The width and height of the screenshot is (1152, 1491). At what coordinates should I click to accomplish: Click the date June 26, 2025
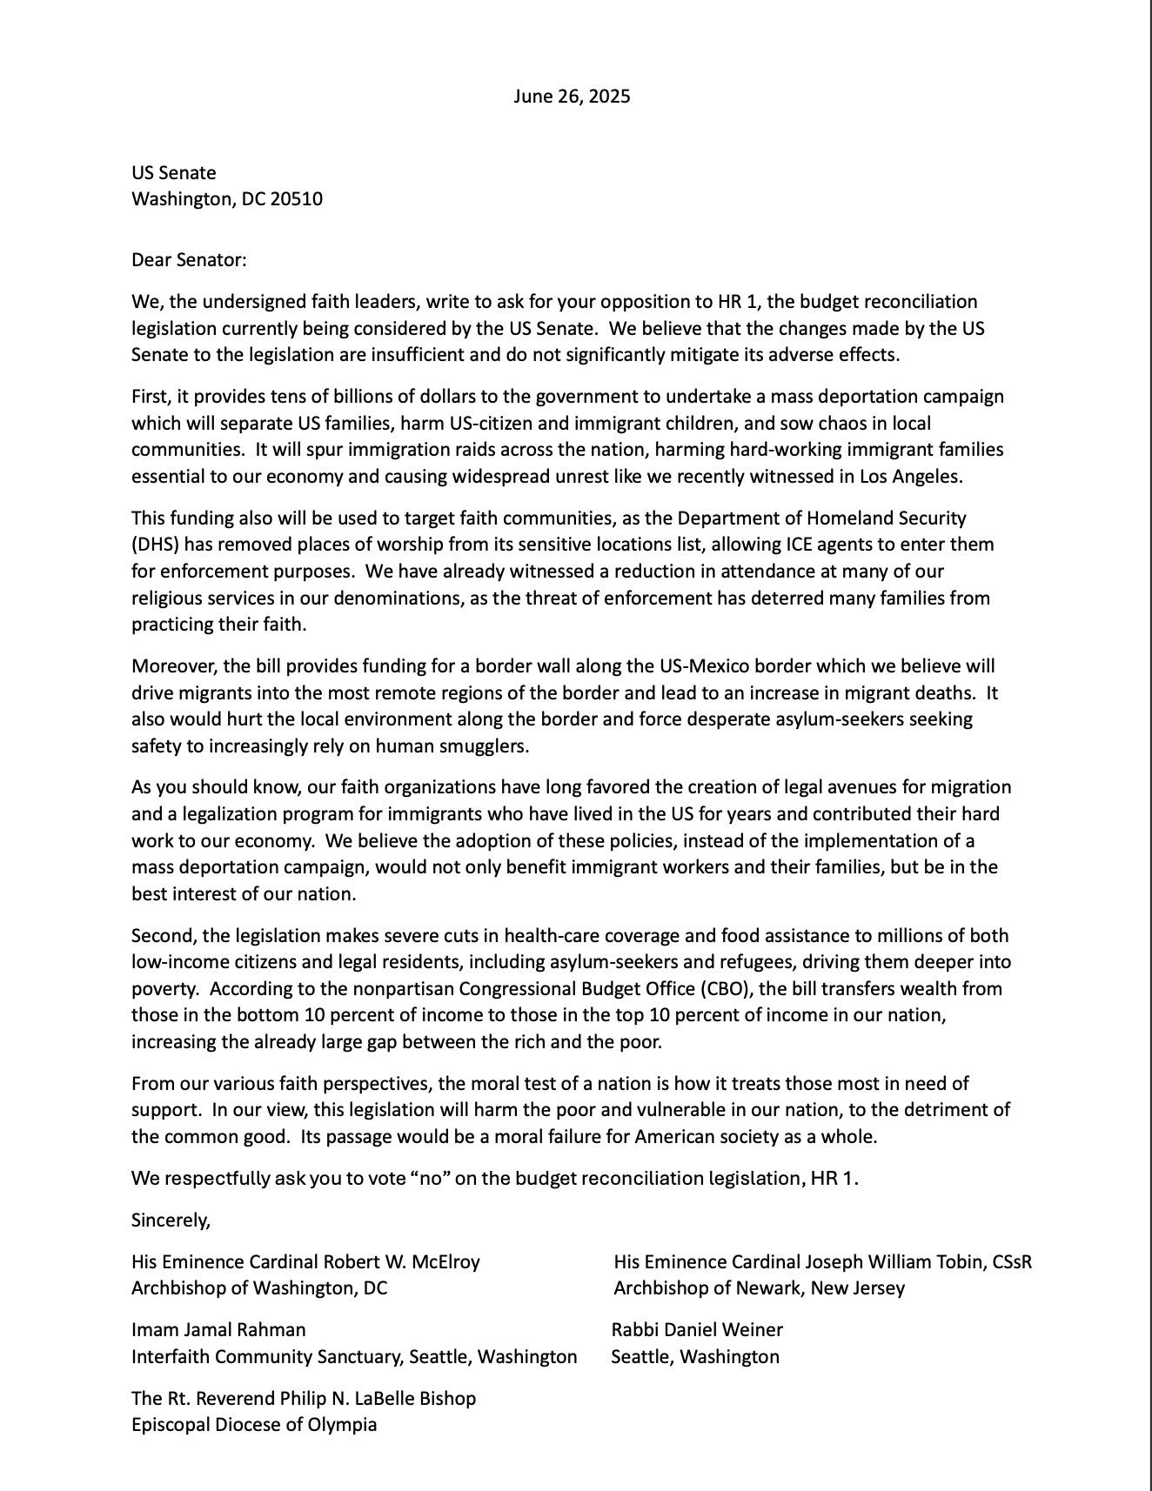click(572, 97)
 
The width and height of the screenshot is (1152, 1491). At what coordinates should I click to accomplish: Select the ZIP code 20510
click(296, 199)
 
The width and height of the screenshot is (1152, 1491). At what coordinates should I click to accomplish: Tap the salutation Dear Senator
click(189, 259)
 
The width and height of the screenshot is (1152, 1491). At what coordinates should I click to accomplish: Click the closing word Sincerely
click(171, 1220)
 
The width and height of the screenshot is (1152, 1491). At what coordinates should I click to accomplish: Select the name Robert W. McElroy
click(401, 1261)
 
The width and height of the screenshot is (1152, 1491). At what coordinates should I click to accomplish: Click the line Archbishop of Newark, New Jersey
click(759, 1288)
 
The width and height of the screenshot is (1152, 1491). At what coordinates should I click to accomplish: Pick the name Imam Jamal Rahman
click(218, 1330)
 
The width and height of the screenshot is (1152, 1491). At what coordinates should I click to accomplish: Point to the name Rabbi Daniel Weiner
click(697, 1330)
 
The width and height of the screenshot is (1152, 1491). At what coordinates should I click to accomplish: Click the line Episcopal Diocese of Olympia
click(254, 1425)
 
